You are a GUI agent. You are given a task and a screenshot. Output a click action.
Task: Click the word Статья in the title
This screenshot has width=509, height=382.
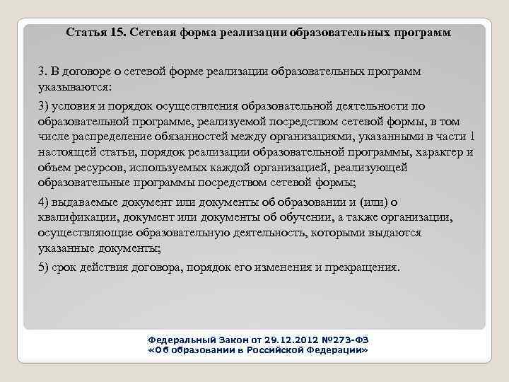[86, 33]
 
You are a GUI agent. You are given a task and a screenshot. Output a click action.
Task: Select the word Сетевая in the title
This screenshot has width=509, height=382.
[153, 33]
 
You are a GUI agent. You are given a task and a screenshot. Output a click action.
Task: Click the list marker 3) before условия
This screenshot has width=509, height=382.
[45, 105]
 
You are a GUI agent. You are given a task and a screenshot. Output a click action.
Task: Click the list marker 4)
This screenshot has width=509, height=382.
[45, 202]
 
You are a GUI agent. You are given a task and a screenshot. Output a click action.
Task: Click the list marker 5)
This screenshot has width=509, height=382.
[45, 267]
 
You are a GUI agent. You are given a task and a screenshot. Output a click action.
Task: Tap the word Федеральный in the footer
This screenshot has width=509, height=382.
[173, 340]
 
